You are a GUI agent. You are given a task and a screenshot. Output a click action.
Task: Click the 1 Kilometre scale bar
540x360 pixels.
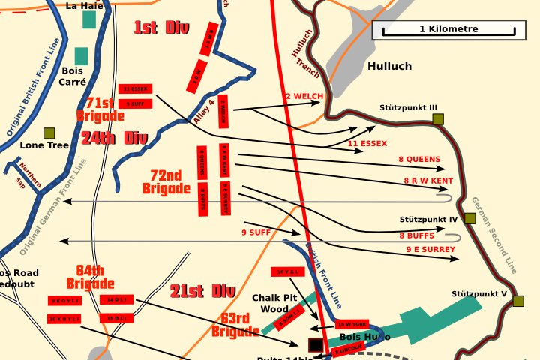(x=448, y=30)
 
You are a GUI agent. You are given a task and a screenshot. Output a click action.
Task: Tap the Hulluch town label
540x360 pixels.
(x=389, y=66)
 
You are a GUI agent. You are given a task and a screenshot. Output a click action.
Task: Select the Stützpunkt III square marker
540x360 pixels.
(x=438, y=118)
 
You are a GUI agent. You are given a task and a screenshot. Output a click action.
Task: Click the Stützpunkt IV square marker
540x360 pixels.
(x=469, y=218)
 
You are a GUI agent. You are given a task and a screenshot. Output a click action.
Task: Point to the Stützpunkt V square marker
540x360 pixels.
(x=517, y=301)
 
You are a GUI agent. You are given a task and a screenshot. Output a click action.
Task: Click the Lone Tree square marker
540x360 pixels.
(x=49, y=133)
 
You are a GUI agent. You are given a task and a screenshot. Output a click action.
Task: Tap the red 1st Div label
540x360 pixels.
(x=161, y=28)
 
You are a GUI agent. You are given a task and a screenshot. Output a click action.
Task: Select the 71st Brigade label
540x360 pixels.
(x=100, y=109)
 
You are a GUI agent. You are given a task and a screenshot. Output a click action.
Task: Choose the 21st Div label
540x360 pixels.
(x=202, y=291)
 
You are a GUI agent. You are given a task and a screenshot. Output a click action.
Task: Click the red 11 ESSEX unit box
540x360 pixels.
(x=135, y=88)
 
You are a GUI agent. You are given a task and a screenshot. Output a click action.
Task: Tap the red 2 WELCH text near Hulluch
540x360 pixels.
(x=304, y=96)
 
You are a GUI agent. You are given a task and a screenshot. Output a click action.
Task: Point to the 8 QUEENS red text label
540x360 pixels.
(x=419, y=159)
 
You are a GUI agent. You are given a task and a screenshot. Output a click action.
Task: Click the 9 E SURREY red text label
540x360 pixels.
(x=430, y=249)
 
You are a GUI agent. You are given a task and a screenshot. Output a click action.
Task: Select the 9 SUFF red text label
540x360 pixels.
(x=256, y=232)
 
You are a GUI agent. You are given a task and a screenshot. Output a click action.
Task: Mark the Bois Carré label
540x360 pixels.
(x=73, y=76)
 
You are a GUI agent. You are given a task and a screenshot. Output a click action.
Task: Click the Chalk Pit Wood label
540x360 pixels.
(x=274, y=303)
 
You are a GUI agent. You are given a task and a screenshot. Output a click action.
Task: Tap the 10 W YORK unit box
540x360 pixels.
(x=352, y=325)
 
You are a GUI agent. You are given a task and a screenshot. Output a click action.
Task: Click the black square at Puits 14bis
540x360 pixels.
(x=316, y=346)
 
